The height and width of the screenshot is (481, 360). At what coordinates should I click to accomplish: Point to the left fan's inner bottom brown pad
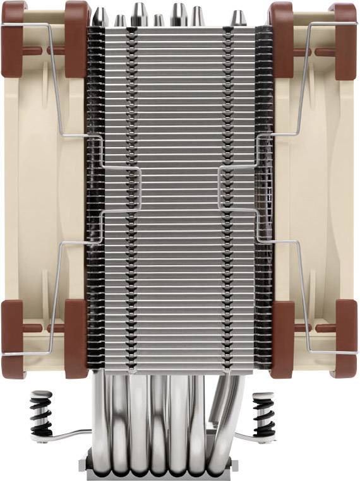pos(76,338)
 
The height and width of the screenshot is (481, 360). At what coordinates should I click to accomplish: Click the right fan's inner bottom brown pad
pos(282,338)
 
